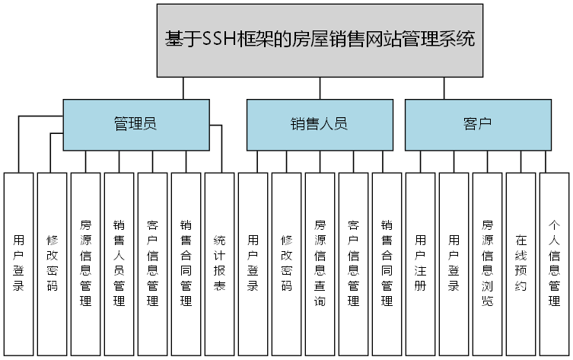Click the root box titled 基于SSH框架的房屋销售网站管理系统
(x=320, y=40)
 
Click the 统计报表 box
(x=219, y=263)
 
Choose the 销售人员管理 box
(x=119, y=263)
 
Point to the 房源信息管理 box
(x=85, y=263)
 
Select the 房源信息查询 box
(x=320, y=263)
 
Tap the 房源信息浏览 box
(x=487, y=263)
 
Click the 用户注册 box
(x=420, y=263)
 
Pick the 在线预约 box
(x=520, y=263)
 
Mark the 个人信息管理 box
(x=554, y=263)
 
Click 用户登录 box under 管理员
(x=18, y=263)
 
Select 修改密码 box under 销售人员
(x=286, y=263)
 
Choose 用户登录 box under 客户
(x=454, y=263)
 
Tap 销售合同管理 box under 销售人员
(x=387, y=263)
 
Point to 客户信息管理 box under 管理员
(x=152, y=263)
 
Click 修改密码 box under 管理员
(x=52, y=263)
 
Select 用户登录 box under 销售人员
(x=253, y=263)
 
